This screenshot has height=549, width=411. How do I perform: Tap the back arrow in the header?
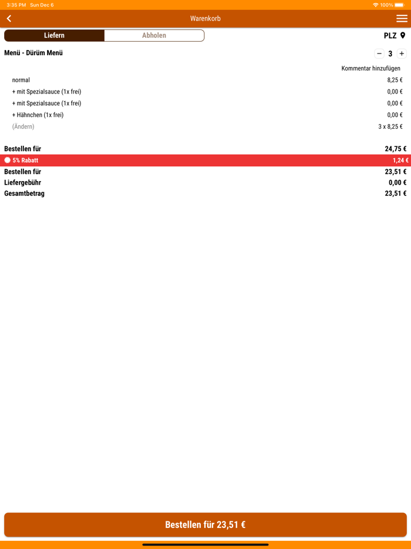[9, 19]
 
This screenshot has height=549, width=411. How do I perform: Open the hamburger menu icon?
[402, 19]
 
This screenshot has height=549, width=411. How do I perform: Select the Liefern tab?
[54, 35]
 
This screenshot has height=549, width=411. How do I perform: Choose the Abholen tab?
[154, 35]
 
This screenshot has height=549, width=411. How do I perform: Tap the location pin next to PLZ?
[403, 36]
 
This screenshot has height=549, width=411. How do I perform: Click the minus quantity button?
[379, 53]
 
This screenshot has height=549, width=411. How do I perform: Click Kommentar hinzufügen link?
[370, 68]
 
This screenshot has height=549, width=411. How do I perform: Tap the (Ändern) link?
[23, 126]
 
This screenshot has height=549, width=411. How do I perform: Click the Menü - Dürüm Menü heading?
[33, 53]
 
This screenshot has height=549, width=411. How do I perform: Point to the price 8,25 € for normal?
[395, 80]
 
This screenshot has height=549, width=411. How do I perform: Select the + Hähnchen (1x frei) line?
[38, 115]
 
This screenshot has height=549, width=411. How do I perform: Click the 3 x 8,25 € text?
[390, 126]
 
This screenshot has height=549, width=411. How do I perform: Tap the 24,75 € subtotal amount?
[395, 149]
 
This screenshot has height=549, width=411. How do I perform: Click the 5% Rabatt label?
[25, 160]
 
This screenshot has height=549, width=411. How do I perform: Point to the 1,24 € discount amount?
[400, 160]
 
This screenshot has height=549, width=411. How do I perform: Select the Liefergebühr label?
[22, 183]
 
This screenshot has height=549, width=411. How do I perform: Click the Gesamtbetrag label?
[24, 193]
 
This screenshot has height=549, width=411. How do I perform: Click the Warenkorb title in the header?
[206, 19]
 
